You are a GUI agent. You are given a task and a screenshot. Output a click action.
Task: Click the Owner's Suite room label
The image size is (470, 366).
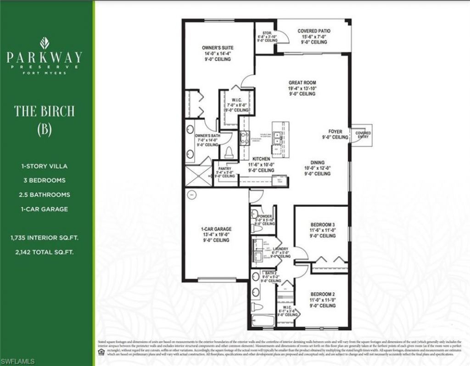click(218, 48)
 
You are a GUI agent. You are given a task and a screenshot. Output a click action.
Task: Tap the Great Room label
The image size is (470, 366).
click(302, 83)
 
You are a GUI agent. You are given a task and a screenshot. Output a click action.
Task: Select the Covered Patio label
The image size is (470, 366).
click(314, 31)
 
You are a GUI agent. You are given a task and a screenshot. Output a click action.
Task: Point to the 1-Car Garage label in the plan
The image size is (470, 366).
click(216, 229)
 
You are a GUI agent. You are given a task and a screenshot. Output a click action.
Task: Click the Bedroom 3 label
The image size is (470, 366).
click(323, 224)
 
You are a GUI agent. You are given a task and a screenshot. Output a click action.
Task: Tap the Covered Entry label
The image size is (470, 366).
click(363, 135)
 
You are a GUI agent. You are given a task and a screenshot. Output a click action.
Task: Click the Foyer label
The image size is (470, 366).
click(335, 132)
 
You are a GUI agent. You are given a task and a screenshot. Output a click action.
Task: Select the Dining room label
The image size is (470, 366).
click(317, 162)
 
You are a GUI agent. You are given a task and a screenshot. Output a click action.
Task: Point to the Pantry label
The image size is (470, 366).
click(225, 168)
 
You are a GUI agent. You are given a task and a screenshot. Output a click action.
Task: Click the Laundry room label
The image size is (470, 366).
click(280, 248)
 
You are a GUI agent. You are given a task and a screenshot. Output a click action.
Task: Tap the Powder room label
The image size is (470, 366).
click(266, 216)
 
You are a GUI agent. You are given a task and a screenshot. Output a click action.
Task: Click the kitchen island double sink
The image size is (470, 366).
click(277, 136)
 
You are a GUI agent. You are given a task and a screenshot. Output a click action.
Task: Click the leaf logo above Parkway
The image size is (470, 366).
click(45, 44)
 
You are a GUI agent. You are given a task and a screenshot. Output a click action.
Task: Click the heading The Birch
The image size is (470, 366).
click(44, 111)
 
